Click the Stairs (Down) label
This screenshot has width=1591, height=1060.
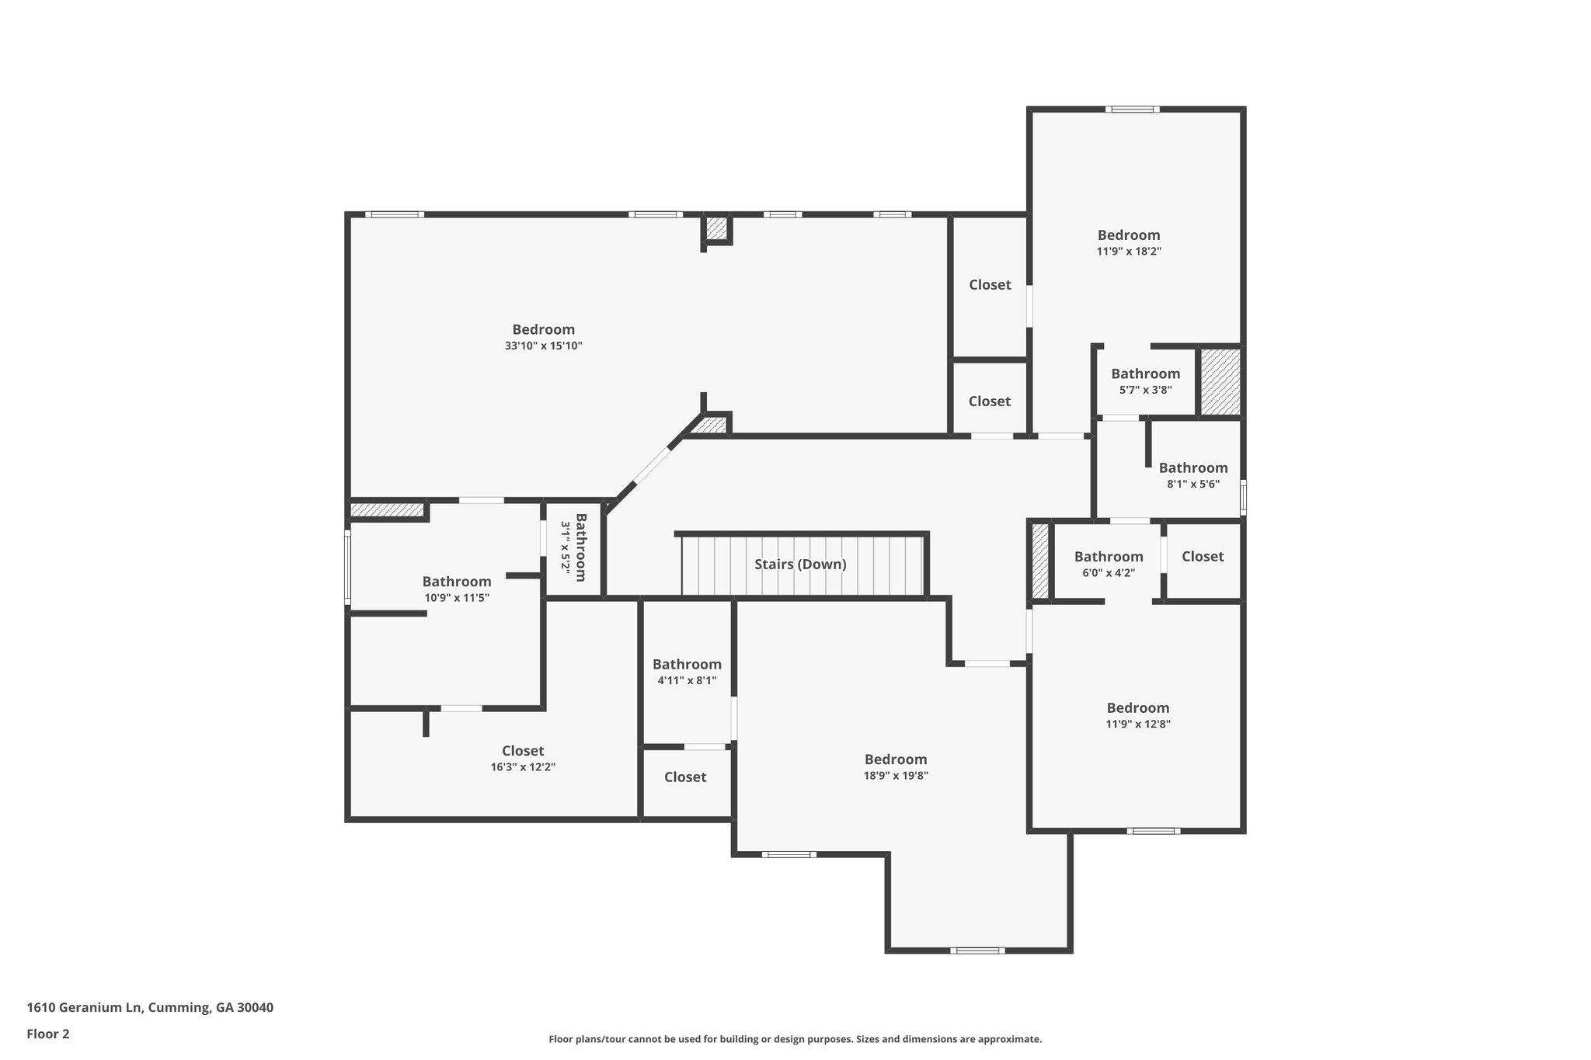[800, 565]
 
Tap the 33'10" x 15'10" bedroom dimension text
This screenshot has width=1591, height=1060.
[543, 346]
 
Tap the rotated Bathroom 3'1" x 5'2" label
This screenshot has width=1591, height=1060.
[574, 547]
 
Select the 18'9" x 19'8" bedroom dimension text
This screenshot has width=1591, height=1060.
[896, 775]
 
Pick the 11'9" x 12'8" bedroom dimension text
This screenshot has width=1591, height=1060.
[1138, 725]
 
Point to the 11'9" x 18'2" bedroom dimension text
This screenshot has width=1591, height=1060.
[1129, 252]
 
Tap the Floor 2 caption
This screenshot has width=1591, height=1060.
[48, 1034]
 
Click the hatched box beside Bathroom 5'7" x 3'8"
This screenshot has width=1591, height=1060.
[1220, 381]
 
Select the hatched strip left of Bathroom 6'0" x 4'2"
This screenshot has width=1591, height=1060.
[1041, 561]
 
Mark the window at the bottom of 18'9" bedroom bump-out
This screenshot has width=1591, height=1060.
[977, 951]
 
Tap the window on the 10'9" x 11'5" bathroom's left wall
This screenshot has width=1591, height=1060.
[347, 566]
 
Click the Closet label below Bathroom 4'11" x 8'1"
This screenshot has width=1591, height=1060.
[685, 777]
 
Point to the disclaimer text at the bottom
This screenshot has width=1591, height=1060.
[795, 1039]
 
